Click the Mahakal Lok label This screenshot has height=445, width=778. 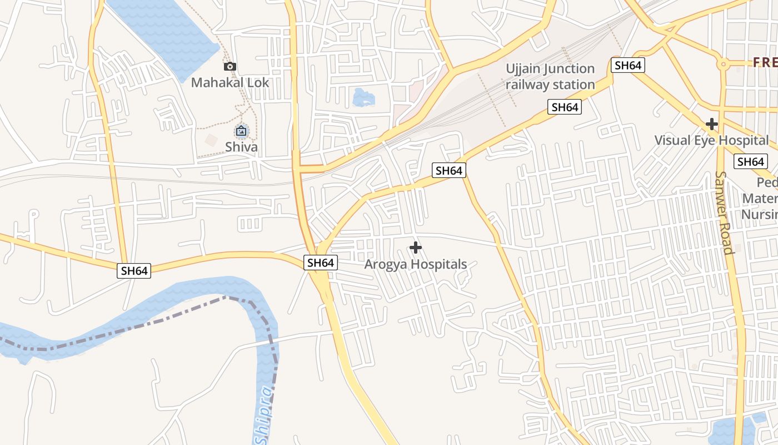tap(230, 83)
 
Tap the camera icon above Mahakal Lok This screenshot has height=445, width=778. tap(230, 67)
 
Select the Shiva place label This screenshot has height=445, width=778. tap(241, 147)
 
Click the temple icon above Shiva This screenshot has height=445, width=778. tap(241, 131)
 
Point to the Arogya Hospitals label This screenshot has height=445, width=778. tap(415, 264)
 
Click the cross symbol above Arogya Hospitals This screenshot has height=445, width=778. tap(415, 248)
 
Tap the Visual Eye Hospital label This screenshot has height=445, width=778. tap(711, 140)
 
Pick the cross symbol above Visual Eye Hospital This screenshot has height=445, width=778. tap(711, 123)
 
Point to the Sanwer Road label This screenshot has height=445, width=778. tap(725, 212)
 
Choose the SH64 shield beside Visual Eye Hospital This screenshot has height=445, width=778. tap(750, 162)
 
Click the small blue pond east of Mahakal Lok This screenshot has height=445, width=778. tap(363, 98)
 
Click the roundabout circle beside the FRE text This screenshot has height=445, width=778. tap(723, 64)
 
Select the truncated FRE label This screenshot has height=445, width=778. tap(765, 62)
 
